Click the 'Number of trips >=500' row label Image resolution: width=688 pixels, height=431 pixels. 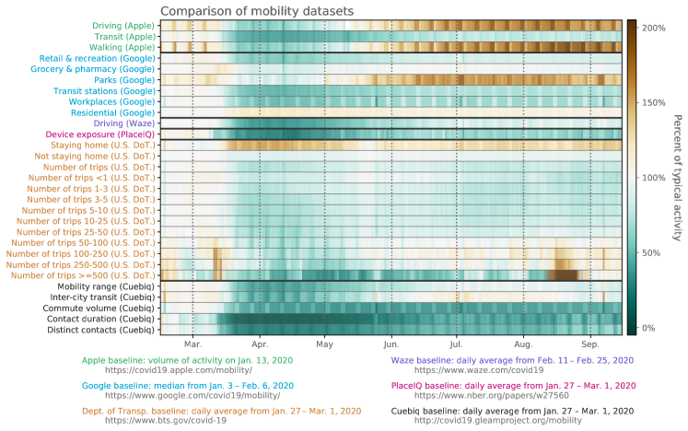tap(82, 275)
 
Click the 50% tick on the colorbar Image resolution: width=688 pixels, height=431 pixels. tap(659, 252)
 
